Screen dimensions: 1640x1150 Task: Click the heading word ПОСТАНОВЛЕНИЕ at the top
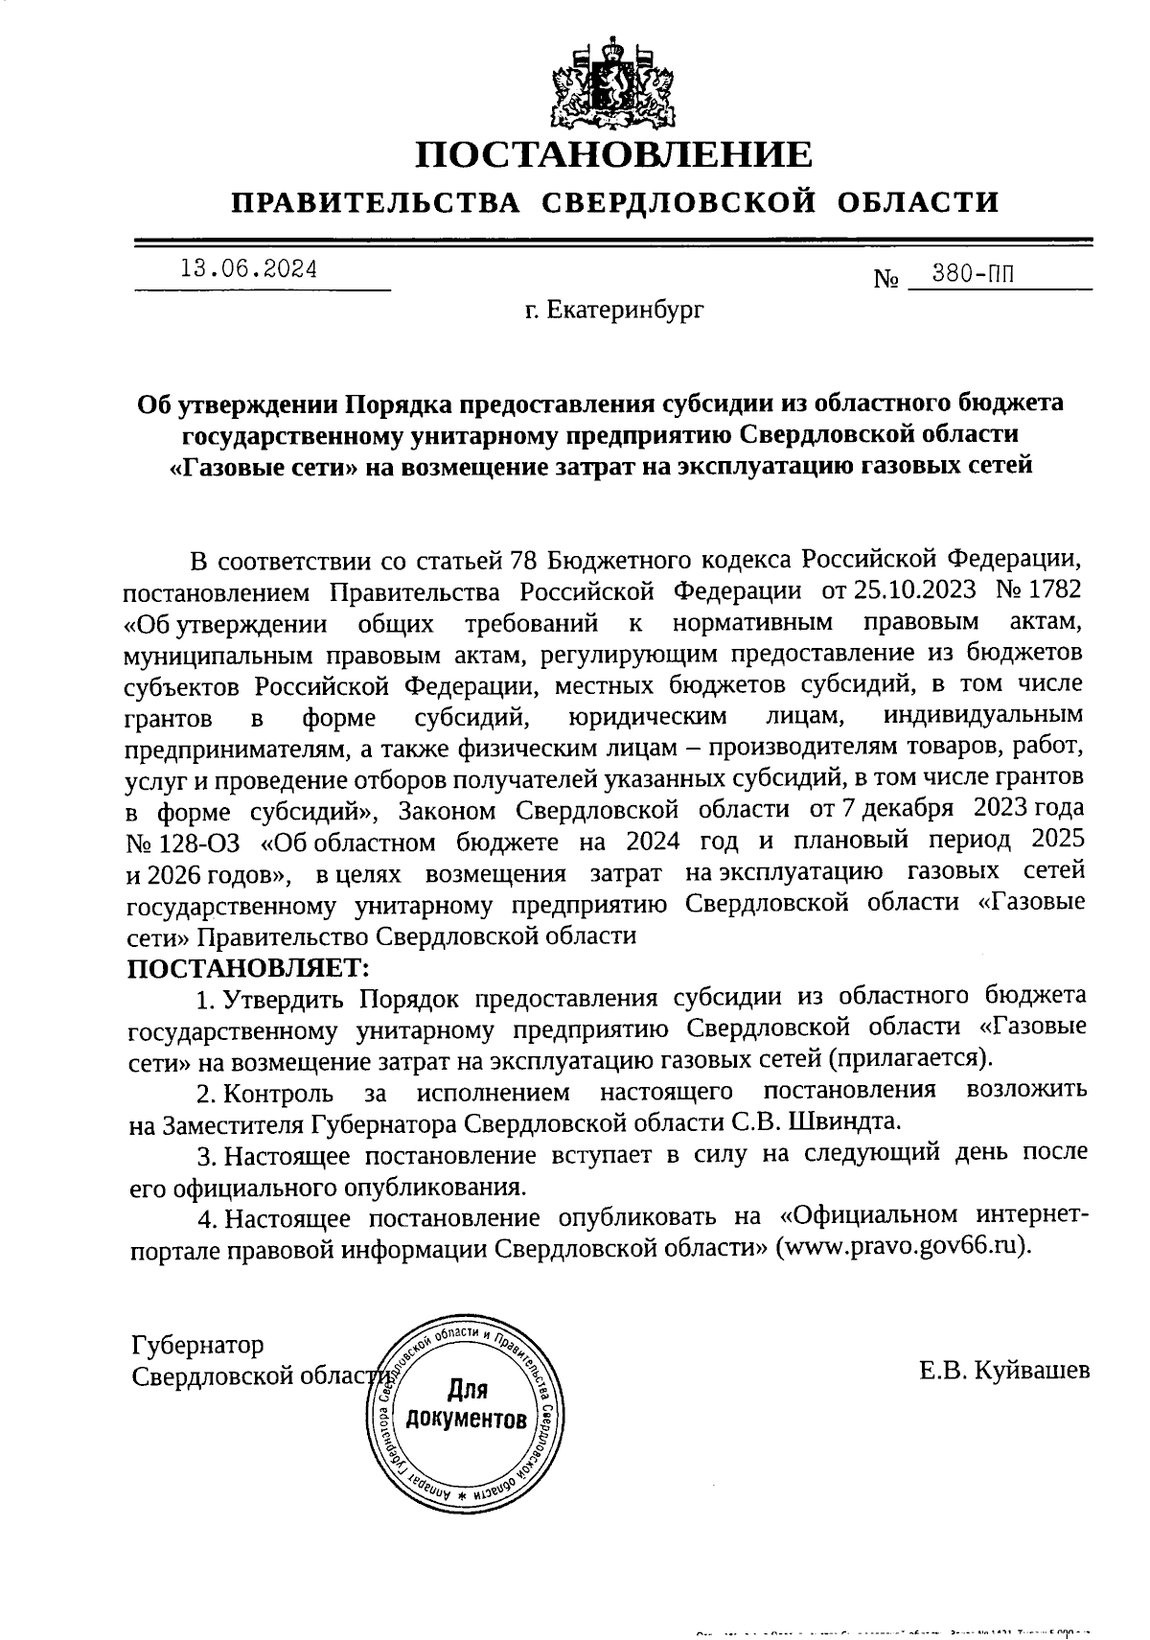pyautogui.click(x=613, y=155)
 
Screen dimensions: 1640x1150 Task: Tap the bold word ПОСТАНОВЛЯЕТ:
pyautogui.click(x=248, y=967)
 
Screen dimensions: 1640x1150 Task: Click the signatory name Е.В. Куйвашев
pyautogui.click(x=1002, y=1372)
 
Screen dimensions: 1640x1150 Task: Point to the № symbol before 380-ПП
pyautogui.click(x=885, y=281)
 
